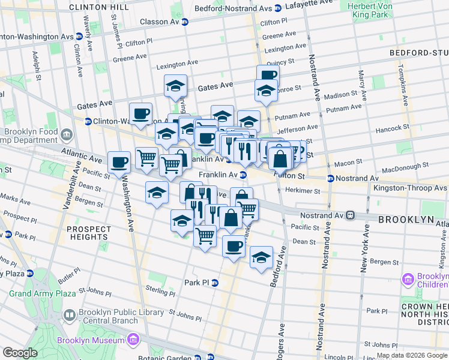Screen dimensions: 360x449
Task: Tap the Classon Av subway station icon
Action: (185, 22)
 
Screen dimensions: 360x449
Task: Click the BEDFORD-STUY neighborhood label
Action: (418, 53)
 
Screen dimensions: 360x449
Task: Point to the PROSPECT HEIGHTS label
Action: (88, 233)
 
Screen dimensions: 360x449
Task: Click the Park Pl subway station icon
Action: (214, 283)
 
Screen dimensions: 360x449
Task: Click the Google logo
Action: (20, 353)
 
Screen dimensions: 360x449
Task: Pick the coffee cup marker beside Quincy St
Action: (268, 76)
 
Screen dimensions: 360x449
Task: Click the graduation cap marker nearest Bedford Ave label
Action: (261, 257)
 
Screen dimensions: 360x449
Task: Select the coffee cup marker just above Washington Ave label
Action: (119, 162)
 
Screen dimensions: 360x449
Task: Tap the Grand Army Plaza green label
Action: (42, 293)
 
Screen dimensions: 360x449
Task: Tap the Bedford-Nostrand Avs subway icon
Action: (277, 8)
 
